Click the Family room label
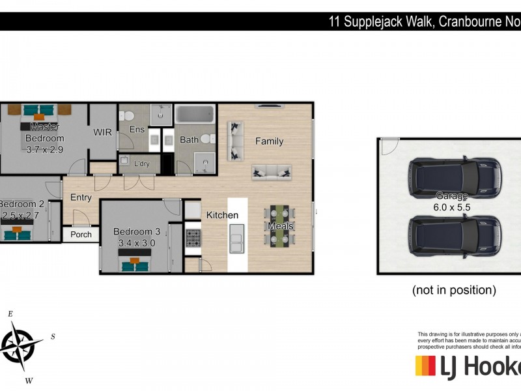(269, 141)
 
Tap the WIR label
(103, 132)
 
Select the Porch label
(81, 235)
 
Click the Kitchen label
(223, 215)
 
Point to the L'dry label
(141, 164)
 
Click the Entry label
(81, 197)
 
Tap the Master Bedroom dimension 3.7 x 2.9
(45, 149)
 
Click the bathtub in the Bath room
(195, 115)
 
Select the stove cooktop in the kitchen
(193, 238)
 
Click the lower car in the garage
(454, 235)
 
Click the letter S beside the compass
(53, 337)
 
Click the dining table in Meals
(281, 226)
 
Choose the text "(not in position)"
(454, 290)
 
